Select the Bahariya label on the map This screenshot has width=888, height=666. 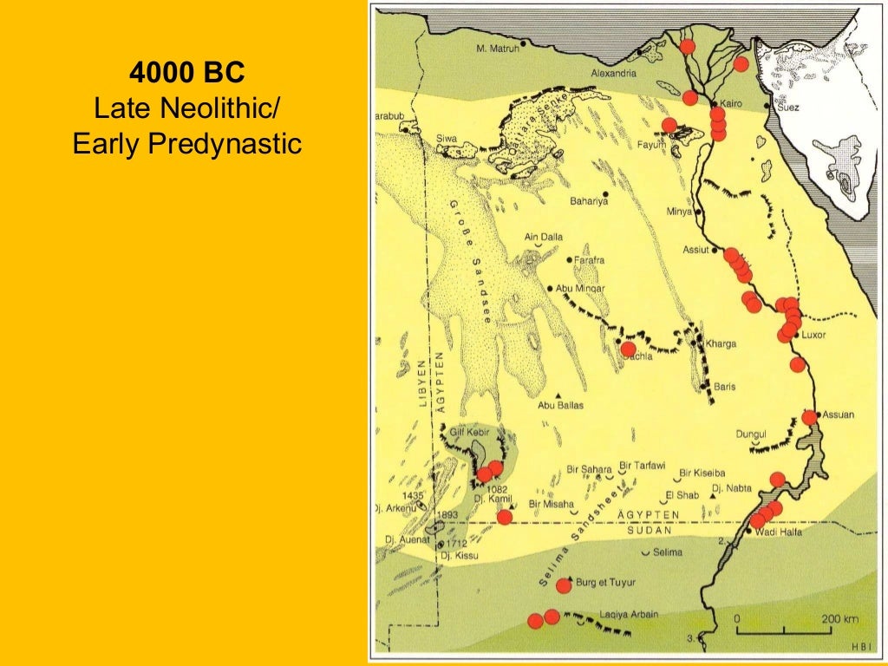(589, 201)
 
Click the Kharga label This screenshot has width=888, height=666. (721, 344)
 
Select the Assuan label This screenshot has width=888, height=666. (839, 415)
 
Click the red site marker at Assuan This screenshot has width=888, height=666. (809, 417)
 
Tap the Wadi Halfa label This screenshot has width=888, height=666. (779, 532)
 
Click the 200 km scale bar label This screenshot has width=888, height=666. (839, 620)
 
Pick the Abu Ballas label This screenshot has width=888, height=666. (561, 405)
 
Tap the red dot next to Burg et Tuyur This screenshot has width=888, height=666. (564, 585)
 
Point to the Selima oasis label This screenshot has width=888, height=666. (667, 552)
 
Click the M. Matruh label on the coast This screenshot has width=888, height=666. (498, 49)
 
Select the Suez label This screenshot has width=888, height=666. (787, 108)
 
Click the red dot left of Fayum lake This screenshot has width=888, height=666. (669, 126)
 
